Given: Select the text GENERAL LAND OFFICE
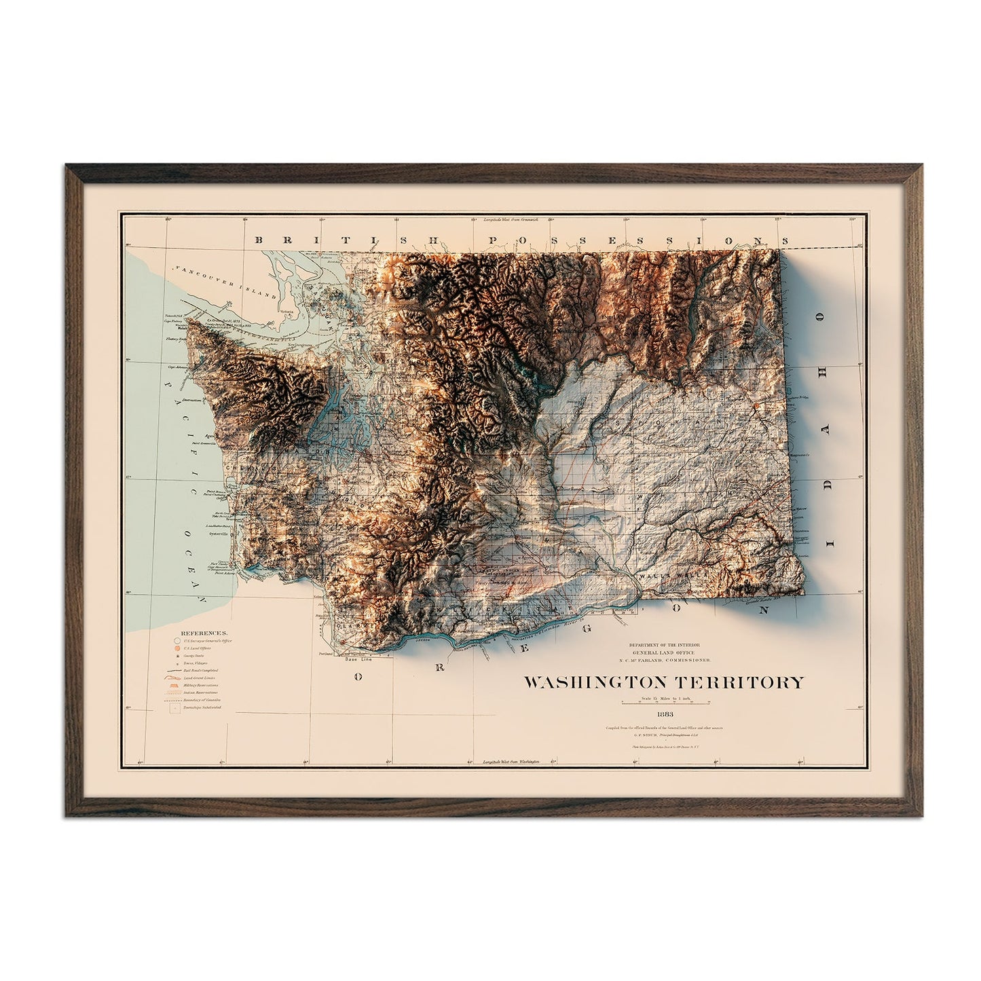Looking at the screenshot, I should (663, 652).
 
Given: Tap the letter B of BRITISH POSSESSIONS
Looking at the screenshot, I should (257, 240).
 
